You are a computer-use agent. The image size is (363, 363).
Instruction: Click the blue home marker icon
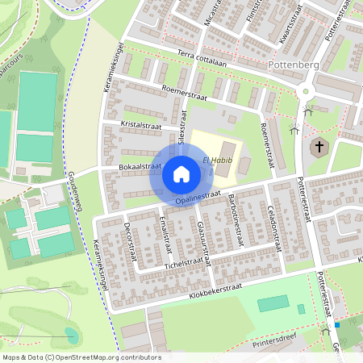point(181,173)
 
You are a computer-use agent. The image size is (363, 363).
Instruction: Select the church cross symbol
point(319,147)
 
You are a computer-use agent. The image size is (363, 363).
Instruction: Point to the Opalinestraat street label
point(198,197)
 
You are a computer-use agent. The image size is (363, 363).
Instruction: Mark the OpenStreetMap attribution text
point(81,357)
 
